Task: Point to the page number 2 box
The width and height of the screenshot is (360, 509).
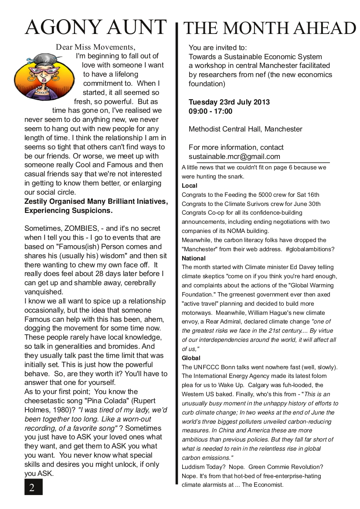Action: [x=33, y=487]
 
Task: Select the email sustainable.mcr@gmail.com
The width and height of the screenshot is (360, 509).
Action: [x=234, y=157]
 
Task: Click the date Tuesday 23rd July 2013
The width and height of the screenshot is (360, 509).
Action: [x=229, y=102]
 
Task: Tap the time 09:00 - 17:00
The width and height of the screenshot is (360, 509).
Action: [x=211, y=111]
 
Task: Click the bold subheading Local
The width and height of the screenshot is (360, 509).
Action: [x=190, y=185]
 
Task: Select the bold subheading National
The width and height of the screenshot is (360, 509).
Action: [x=194, y=258]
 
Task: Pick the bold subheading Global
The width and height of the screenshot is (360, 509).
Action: [x=191, y=358]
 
